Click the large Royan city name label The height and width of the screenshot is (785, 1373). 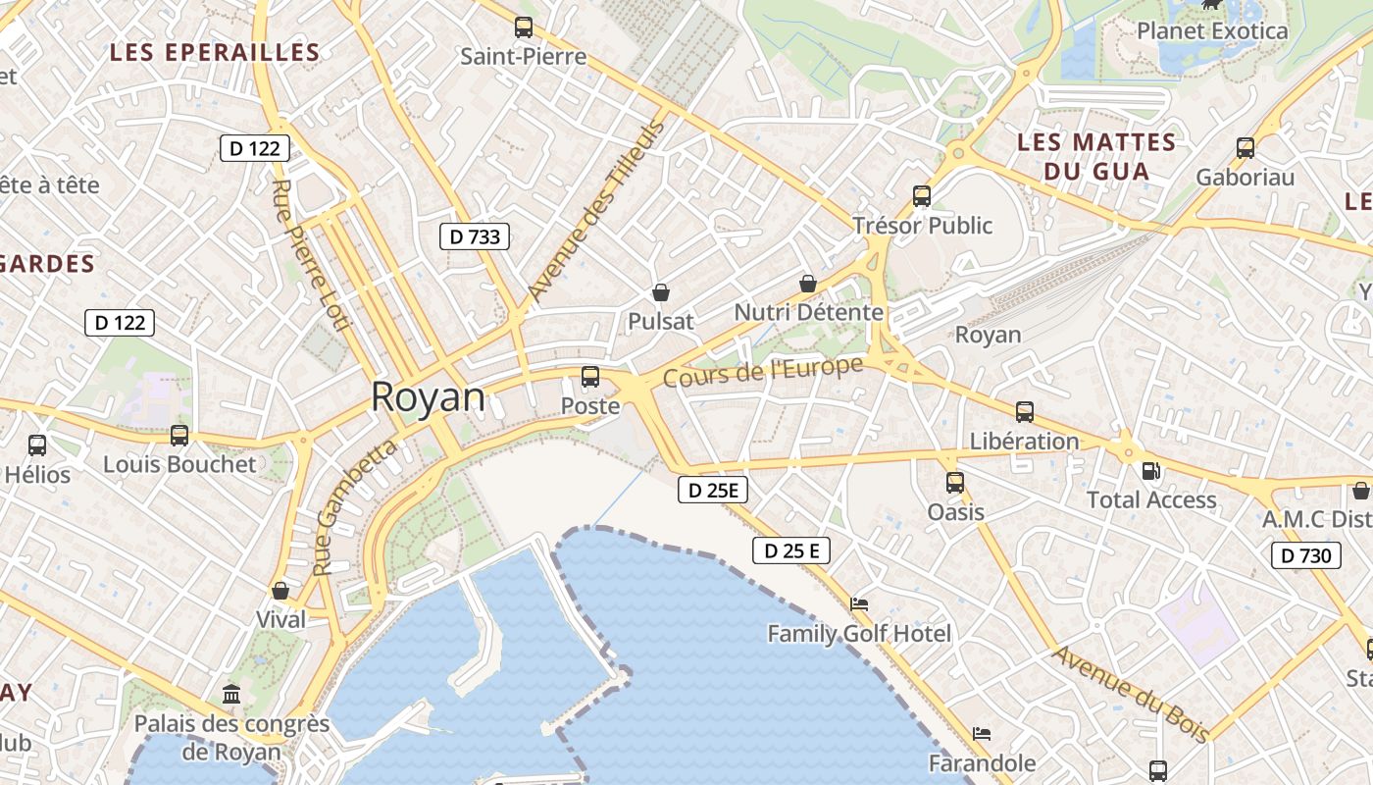428,397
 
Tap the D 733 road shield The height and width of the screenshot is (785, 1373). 475,235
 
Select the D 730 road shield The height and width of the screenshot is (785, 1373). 1306,556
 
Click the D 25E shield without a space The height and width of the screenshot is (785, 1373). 712,490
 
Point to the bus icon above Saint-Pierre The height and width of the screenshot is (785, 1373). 524,27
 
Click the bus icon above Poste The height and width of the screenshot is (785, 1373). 590,377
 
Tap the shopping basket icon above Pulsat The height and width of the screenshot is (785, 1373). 661,292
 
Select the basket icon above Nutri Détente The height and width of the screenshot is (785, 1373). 808,284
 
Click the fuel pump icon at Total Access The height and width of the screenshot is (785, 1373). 1151,471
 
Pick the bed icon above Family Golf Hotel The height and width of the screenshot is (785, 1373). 859,604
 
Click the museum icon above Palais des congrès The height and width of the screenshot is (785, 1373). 231,695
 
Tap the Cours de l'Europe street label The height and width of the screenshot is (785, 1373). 763,372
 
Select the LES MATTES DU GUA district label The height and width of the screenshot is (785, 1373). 1096,157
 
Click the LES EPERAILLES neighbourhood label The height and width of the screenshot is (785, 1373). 215,53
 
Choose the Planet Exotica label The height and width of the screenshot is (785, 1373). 1212,31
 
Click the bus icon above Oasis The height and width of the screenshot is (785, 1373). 955,483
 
